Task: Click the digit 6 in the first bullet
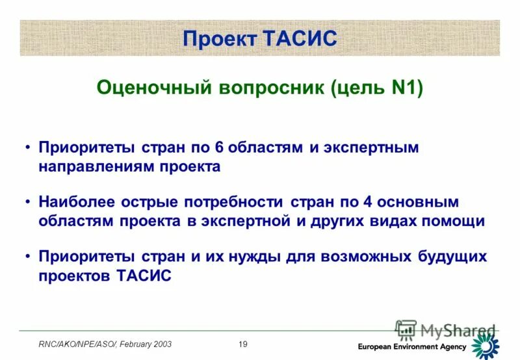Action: (219, 148)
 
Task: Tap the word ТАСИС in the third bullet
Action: (144, 276)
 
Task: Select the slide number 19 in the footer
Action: (243, 344)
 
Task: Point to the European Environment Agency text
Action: (412, 346)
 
